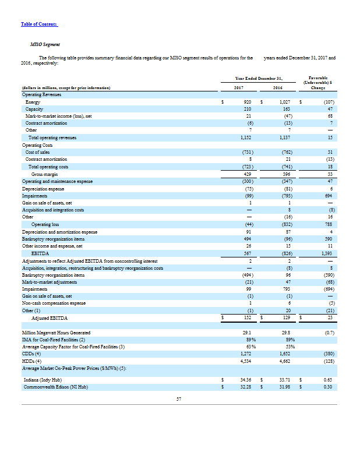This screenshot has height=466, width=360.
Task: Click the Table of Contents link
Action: click(39, 23)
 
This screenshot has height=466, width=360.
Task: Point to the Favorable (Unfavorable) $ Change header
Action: click(319, 82)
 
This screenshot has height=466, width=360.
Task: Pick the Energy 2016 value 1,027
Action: click(281, 102)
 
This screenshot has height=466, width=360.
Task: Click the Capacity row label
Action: click(34, 109)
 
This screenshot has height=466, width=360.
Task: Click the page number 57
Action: click(179, 399)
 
